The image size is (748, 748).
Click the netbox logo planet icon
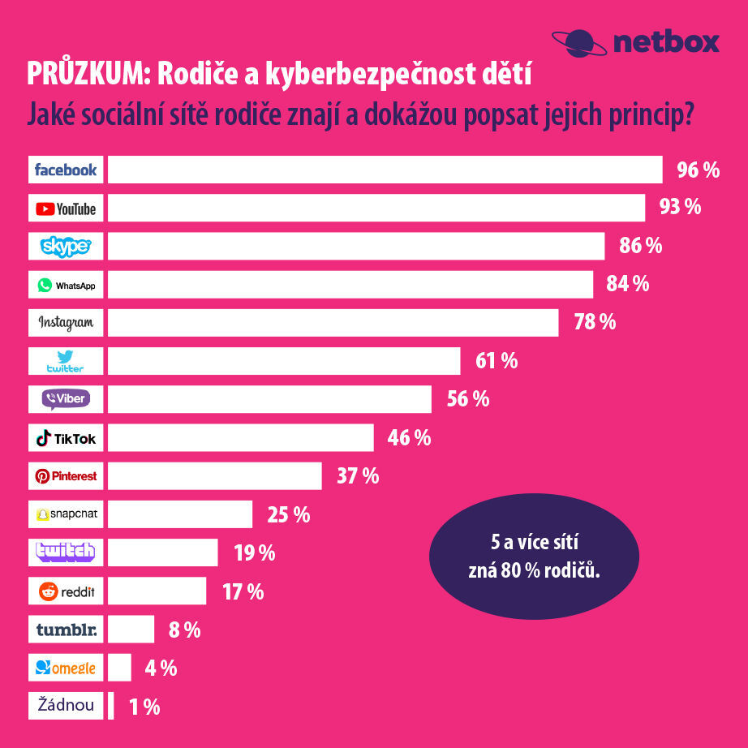click(x=578, y=41)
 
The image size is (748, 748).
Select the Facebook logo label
click(x=66, y=170)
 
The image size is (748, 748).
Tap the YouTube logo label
click(x=66, y=208)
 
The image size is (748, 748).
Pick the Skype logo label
click(x=66, y=246)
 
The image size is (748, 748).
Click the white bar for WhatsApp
click(x=350, y=285)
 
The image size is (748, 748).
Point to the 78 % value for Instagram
click(x=595, y=322)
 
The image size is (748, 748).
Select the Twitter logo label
click(x=66, y=361)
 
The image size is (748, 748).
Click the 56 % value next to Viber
click(x=468, y=399)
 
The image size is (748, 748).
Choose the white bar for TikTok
click(x=241, y=438)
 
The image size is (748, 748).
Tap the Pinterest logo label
click(x=66, y=476)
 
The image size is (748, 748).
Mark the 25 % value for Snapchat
click(x=289, y=514)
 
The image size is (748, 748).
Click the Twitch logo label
click(x=66, y=552)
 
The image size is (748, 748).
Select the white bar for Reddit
click(x=157, y=591)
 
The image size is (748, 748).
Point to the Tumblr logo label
click(x=66, y=630)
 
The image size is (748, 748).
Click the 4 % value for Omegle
click(x=161, y=668)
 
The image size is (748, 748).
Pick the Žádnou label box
click(x=66, y=706)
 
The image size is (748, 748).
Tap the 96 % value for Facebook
click(x=699, y=170)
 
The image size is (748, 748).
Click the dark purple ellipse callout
click(x=533, y=557)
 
